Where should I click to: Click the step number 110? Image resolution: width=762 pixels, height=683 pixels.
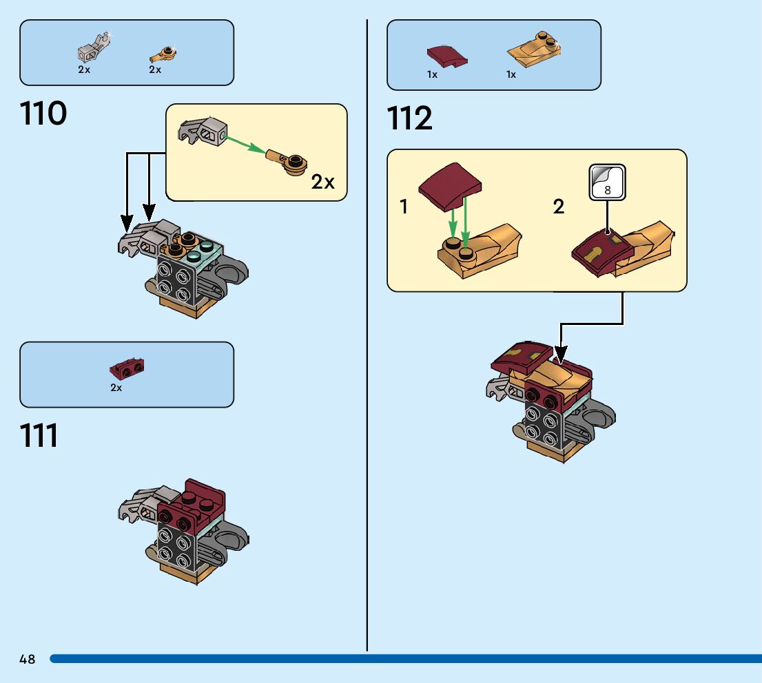coord(44,114)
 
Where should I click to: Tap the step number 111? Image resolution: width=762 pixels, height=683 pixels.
coord(39,436)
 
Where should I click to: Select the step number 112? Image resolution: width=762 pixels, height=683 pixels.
coord(410,118)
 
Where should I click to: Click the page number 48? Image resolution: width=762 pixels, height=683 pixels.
coord(28,660)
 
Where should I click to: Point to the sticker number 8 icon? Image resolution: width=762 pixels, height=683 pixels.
coord(607,182)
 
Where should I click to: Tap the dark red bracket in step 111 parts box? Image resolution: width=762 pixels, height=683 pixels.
coord(126,369)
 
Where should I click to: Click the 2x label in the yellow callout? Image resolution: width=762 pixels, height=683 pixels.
coord(322,182)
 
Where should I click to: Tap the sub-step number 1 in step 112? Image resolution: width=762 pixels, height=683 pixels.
coord(404,207)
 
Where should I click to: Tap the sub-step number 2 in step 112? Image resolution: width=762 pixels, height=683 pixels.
coord(558,207)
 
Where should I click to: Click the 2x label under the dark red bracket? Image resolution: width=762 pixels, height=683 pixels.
coord(116,388)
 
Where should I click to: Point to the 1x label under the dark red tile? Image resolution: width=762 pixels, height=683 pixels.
coord(432,74)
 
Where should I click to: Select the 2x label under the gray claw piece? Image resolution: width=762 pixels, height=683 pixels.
coord(84,70)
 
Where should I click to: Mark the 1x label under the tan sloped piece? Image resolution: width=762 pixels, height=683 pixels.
coord(511,74)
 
